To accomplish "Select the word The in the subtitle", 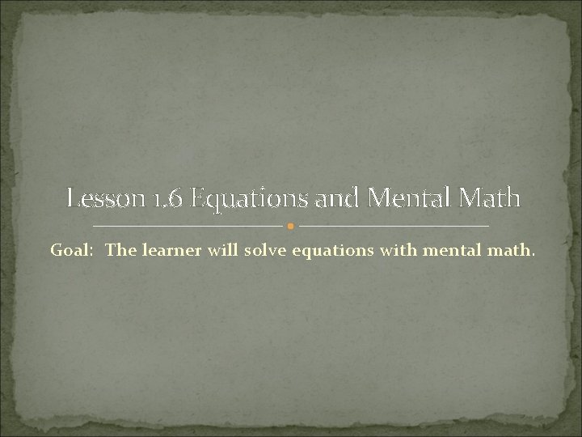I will (121, 250).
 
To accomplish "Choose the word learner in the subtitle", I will (168, 250).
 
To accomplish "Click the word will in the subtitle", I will (216, 250).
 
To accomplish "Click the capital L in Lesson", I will (74, 197).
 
